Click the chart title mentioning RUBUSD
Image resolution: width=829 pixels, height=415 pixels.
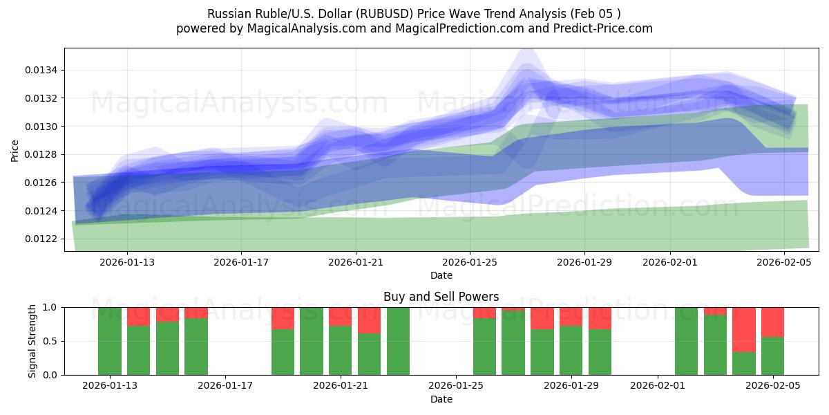point(414,14)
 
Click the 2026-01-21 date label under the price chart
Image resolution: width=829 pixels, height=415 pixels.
point(355,262)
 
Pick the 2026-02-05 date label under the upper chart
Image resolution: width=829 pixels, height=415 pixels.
point(783,262)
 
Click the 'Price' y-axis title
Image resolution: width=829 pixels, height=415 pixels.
point(15,149)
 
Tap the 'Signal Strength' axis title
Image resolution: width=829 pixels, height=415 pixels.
point(32,340)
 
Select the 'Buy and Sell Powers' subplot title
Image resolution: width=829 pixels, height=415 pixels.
point(441,297)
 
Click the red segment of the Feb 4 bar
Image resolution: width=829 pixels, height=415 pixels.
point(743,329)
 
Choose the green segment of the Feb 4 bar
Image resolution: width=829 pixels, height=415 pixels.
point(743,364)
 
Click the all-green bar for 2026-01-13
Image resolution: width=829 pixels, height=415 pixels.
point(110,341)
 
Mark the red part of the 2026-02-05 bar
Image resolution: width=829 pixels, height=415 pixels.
point(772,322)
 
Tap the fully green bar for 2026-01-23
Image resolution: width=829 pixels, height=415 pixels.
point(398,341)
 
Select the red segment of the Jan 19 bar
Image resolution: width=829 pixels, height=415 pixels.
point(283,318)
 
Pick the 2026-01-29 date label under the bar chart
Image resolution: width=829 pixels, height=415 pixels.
point(571,385)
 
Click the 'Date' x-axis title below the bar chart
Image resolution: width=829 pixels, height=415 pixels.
point(441,399)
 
